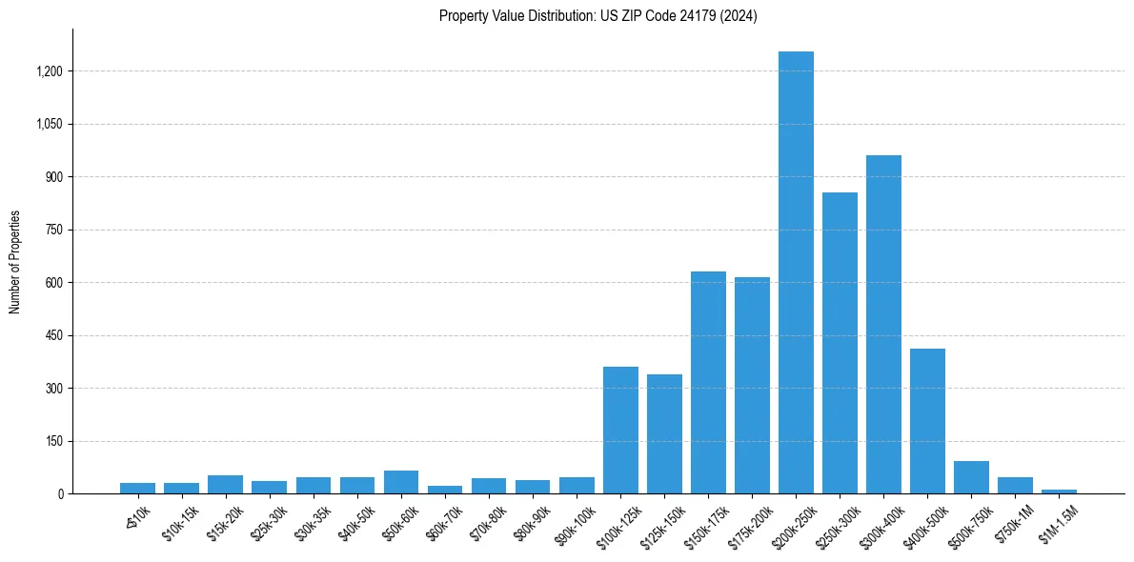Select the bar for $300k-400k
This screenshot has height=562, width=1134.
883,324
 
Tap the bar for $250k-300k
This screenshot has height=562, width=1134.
840,343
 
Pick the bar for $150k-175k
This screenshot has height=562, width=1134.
708,382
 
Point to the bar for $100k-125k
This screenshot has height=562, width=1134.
620,430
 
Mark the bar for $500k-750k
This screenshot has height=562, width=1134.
971,477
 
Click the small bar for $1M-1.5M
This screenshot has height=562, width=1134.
1059,491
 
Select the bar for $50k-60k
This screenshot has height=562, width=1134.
401,482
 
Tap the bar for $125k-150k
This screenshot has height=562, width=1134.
664,433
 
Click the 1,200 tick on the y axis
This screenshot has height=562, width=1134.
50,71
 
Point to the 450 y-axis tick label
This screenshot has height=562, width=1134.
54,336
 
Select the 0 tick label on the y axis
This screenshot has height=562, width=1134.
60,494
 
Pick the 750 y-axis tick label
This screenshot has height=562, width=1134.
54,231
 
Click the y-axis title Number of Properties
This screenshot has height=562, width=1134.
15,262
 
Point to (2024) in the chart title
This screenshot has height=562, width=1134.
739,16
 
